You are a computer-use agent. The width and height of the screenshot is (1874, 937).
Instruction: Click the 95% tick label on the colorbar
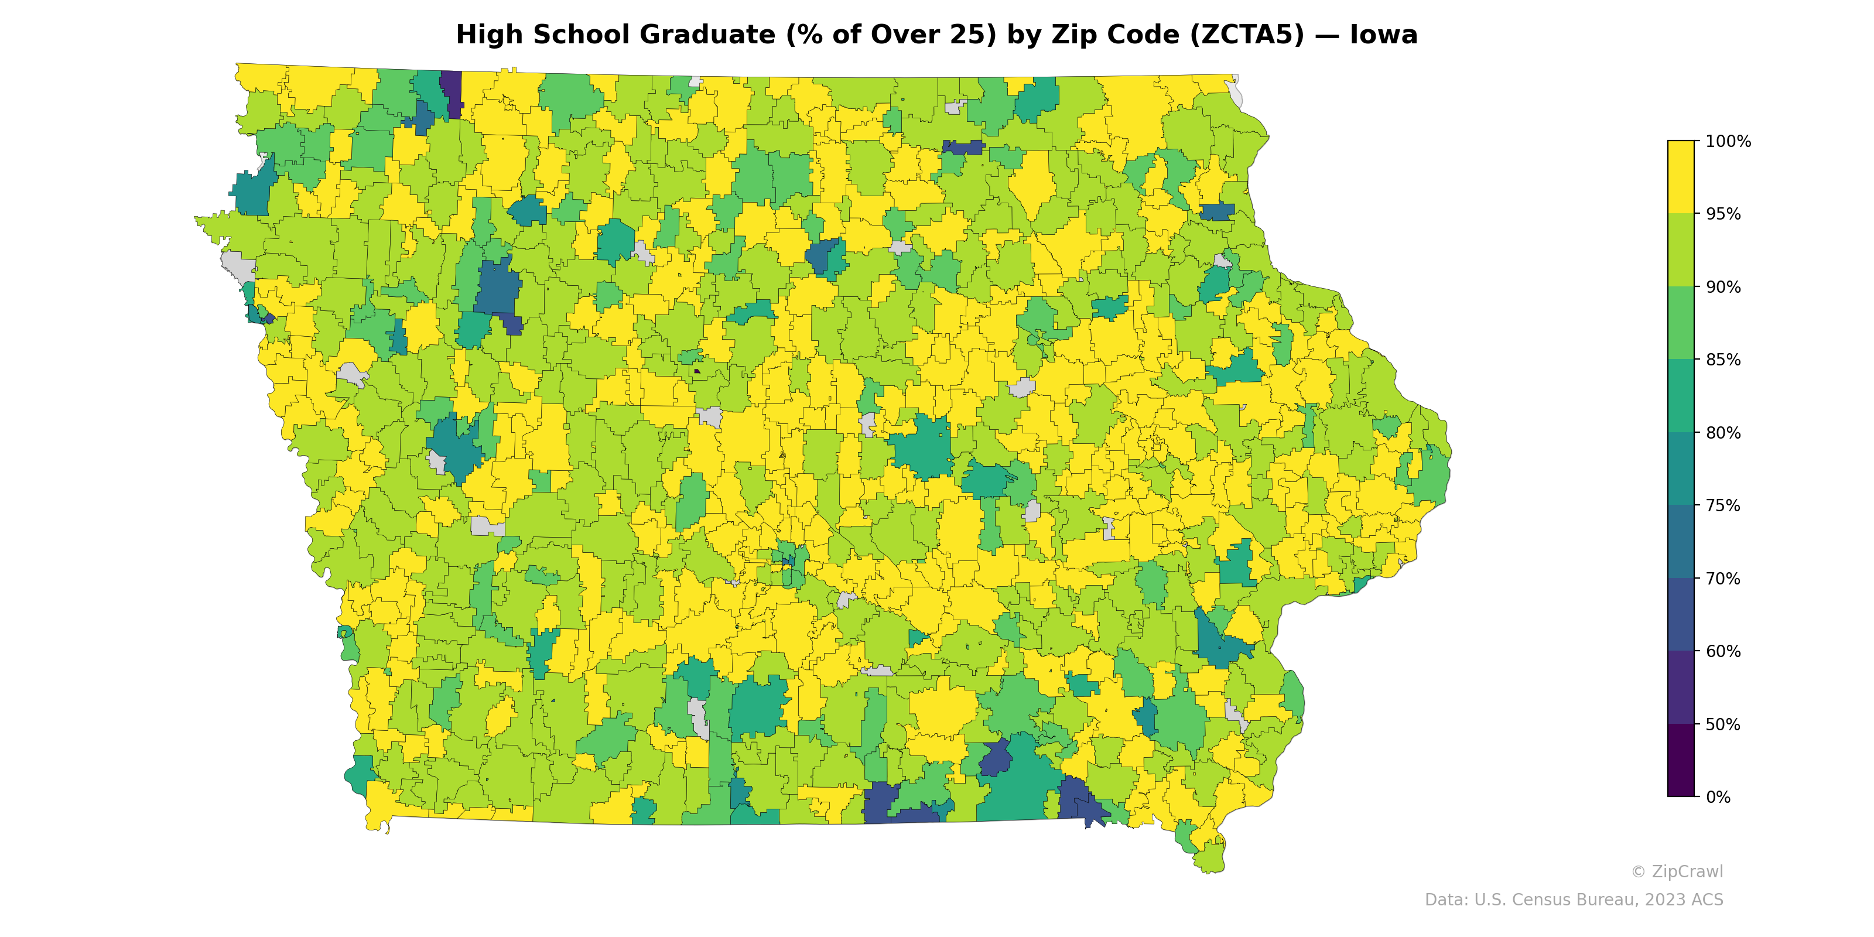[1723, 214]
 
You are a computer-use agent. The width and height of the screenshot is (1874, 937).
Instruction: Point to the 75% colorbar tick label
[1723, 505]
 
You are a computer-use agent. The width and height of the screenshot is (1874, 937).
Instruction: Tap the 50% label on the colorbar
[1723, 724]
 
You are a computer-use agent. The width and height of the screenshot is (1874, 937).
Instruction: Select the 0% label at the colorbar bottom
[1718, 797]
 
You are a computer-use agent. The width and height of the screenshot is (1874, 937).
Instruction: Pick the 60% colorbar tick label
[1723, 651]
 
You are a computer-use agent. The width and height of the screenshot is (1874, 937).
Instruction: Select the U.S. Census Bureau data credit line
[1574, 900]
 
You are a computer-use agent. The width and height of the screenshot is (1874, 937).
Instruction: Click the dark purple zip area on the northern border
[451, 91]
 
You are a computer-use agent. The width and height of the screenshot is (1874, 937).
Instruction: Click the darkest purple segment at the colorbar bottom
[1681, 760]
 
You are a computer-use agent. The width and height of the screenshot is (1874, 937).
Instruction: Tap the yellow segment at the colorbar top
[1681, 177]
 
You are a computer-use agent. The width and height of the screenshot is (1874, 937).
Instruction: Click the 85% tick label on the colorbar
[1723, 360]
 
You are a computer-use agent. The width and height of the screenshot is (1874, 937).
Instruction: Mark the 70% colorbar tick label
[1723, 579]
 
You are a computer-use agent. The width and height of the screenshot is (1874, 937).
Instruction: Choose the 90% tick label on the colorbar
[1723, 286]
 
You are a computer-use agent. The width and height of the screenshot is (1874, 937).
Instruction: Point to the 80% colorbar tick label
[1723, 433]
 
